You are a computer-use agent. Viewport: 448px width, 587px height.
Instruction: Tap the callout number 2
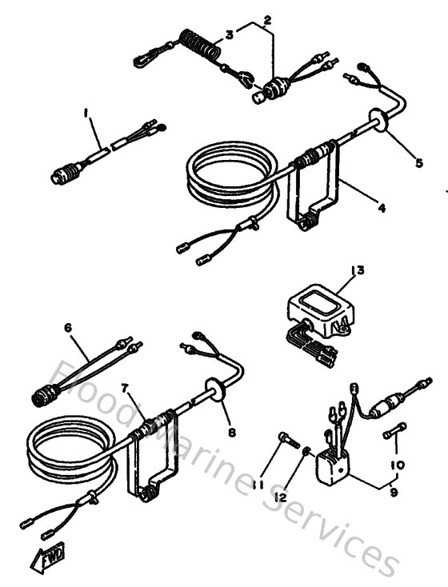[267, 18]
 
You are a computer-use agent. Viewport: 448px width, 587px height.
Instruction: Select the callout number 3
[229, 34]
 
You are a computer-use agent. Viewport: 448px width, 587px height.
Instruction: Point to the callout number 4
[382, 208]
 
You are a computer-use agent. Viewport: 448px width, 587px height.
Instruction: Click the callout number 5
[418, 163]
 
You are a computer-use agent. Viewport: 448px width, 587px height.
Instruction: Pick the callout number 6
[68, 328]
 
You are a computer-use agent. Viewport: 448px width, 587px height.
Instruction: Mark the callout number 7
[126, 389]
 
